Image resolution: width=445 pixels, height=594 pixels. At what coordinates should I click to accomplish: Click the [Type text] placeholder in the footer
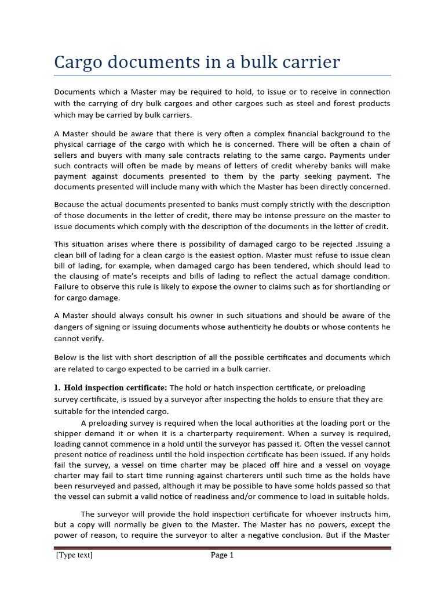point(74,555)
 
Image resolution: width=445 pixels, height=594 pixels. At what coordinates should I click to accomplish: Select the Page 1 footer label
point(222,555)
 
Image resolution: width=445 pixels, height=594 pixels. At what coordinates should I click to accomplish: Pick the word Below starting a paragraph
point(65,357)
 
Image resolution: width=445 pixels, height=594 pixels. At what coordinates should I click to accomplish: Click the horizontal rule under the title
point(222,75)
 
